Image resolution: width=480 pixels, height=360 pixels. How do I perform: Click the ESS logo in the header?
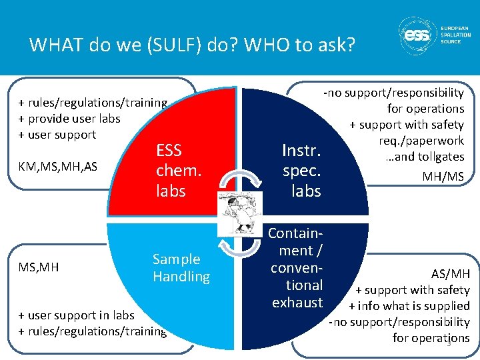pyautogui.click(x=418, y=35)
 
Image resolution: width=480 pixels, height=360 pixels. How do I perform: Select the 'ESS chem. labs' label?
pyautogui.click(x=178, y=170)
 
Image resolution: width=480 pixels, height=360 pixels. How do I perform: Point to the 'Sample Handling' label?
pyautogui.click(x=181, y=267)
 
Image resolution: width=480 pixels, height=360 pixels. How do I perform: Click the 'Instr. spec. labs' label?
pyautogui.click(x=301, y=170)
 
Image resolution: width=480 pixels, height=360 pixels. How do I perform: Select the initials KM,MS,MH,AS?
pyautogui.click(x=58, y=165)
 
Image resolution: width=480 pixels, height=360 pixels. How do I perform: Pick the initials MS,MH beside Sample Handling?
pyautogui.click(x=39, y=267)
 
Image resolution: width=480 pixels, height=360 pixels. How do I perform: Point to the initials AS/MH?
pyautogui.click(x=450, y=273)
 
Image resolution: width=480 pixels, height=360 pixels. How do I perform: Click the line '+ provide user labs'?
pyautogui.click(x=69, y=119)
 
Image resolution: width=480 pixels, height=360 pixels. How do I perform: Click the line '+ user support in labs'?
pyautogui.click(x=76, y=315)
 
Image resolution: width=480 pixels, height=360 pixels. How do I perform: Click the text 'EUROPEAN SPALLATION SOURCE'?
pyautogui.click(x=455, y=35)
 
